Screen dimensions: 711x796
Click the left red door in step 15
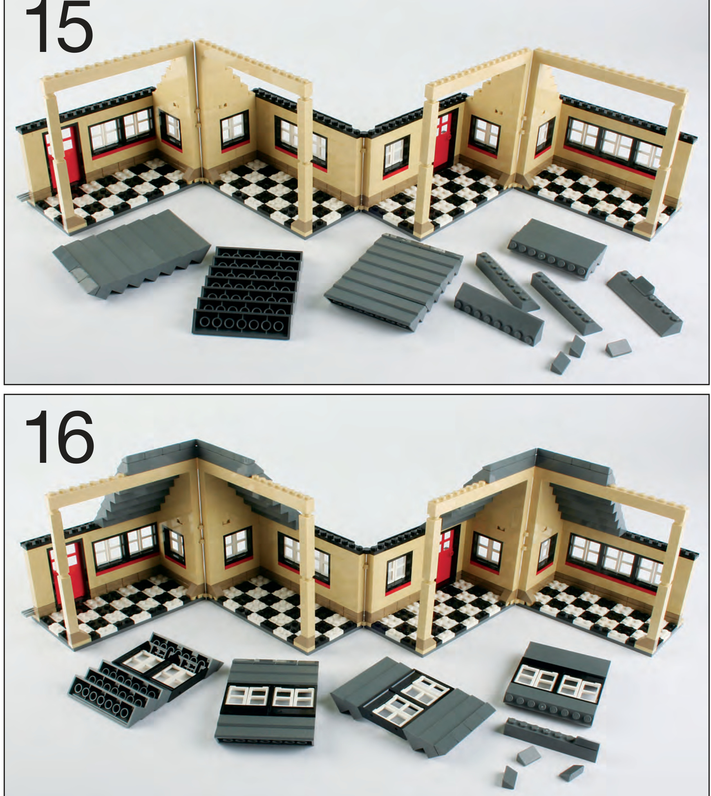(65, 157)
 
